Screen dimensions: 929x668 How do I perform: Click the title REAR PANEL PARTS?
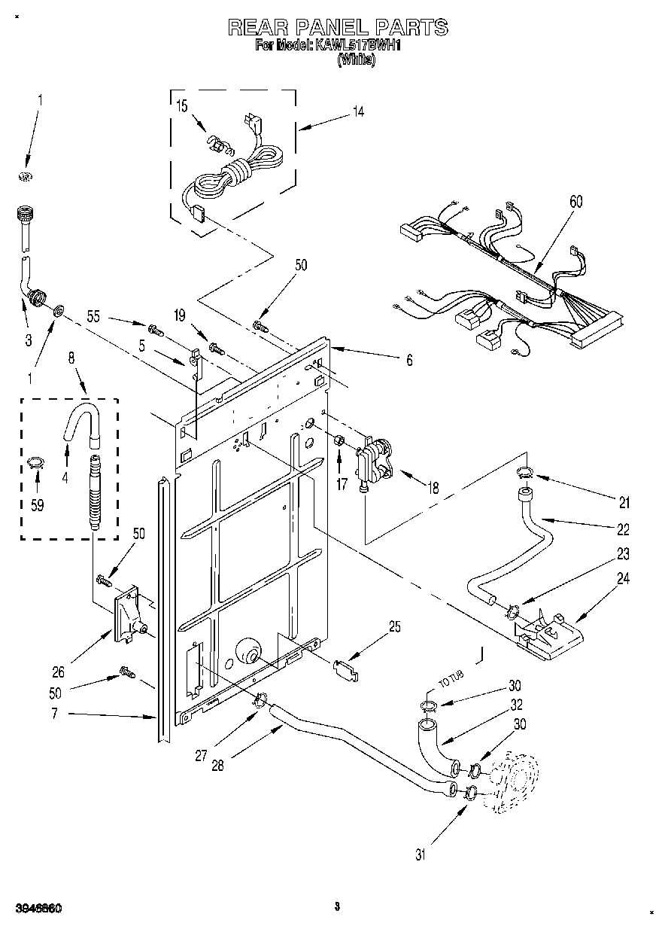pyautogui.click(x=338, y=28)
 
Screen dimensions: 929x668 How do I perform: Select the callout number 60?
pyautogui.click(x=576, y=202)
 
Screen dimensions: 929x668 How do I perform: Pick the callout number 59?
pyautogui.click(x=37, y=505)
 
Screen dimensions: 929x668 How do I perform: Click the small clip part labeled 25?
pyautogui.click(x=344, y=668)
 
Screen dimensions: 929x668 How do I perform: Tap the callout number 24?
pyautogui.click(x=624, y=579)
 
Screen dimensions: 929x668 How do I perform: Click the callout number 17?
pyautogui.click(x=342, y=485)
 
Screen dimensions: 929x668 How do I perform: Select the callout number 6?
pyautogui.click(x=408, y=360)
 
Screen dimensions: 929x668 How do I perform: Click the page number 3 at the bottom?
pyautogui.click(x=338, y=908)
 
